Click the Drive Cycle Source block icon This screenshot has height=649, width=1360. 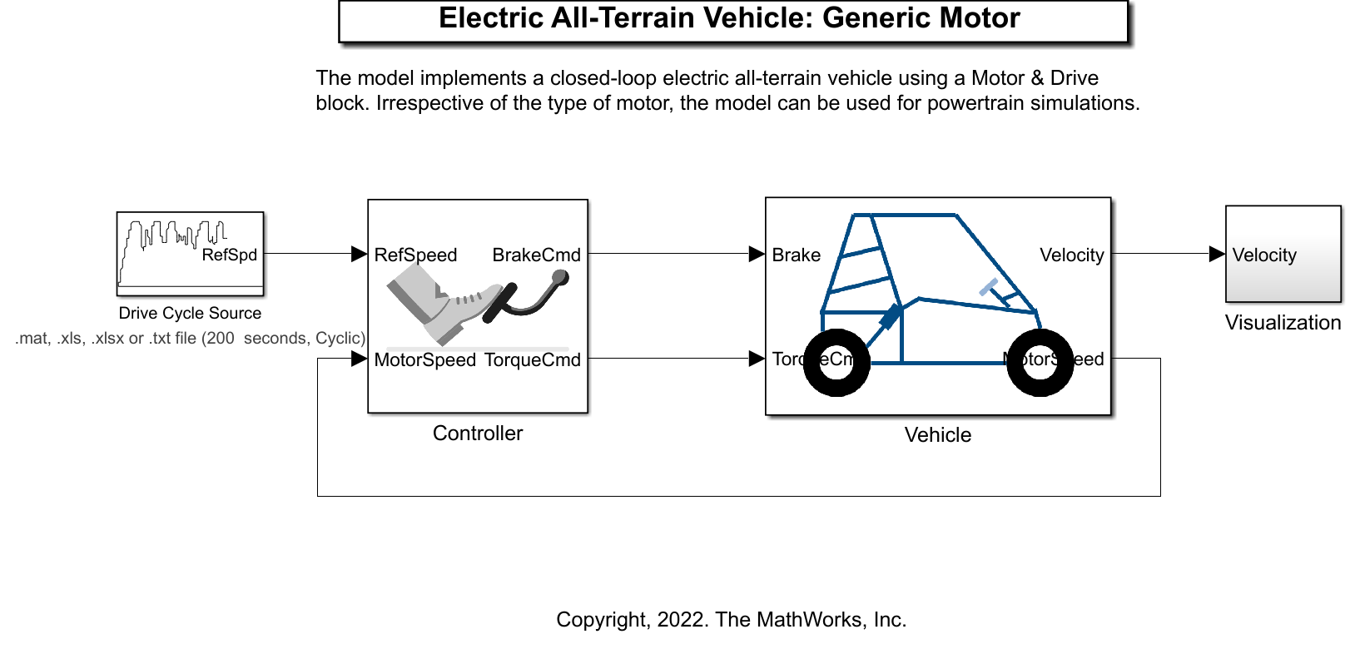pyautogui.click(x=190, y=254)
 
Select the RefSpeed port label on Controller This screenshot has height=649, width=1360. pyautogui.click(x=415, y=255)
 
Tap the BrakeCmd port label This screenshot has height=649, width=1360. pyautogui.click(x=536, y=255)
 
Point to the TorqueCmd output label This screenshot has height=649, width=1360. pyautogui.click(x=532, y=359)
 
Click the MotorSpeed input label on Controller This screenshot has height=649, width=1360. pyautogui.click(x=424, y=359)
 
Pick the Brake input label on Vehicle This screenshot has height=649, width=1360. pyautogui.click(x=796, y=255)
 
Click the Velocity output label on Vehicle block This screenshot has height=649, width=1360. pyautogui.click(x=1071, y=255)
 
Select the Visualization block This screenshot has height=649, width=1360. pyautogui.click(x=1283, y=254)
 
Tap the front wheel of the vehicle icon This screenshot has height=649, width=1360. pyautogui.click(x=1040, y=363)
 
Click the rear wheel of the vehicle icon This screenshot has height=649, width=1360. pyautogui.click(x=836, y=363)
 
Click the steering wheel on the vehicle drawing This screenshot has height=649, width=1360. pyautogui.click(x=989, y=288)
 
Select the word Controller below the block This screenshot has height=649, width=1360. pyautogui.click(x=478, y=433)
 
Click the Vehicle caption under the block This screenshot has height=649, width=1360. pyautogui.click(x=937, y=435)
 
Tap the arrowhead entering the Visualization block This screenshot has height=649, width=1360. pyautogui.click(x=1217, y=254)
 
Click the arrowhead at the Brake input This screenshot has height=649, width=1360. pyautogui.click(x=757, y=254)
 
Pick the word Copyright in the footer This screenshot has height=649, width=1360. pyautogui.click(x=598, y=620)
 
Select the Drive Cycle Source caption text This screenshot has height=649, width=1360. pyautogui.click(x=190, y=314)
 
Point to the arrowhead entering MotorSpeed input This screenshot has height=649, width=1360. pyautogui.click(x=359, y=359)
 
